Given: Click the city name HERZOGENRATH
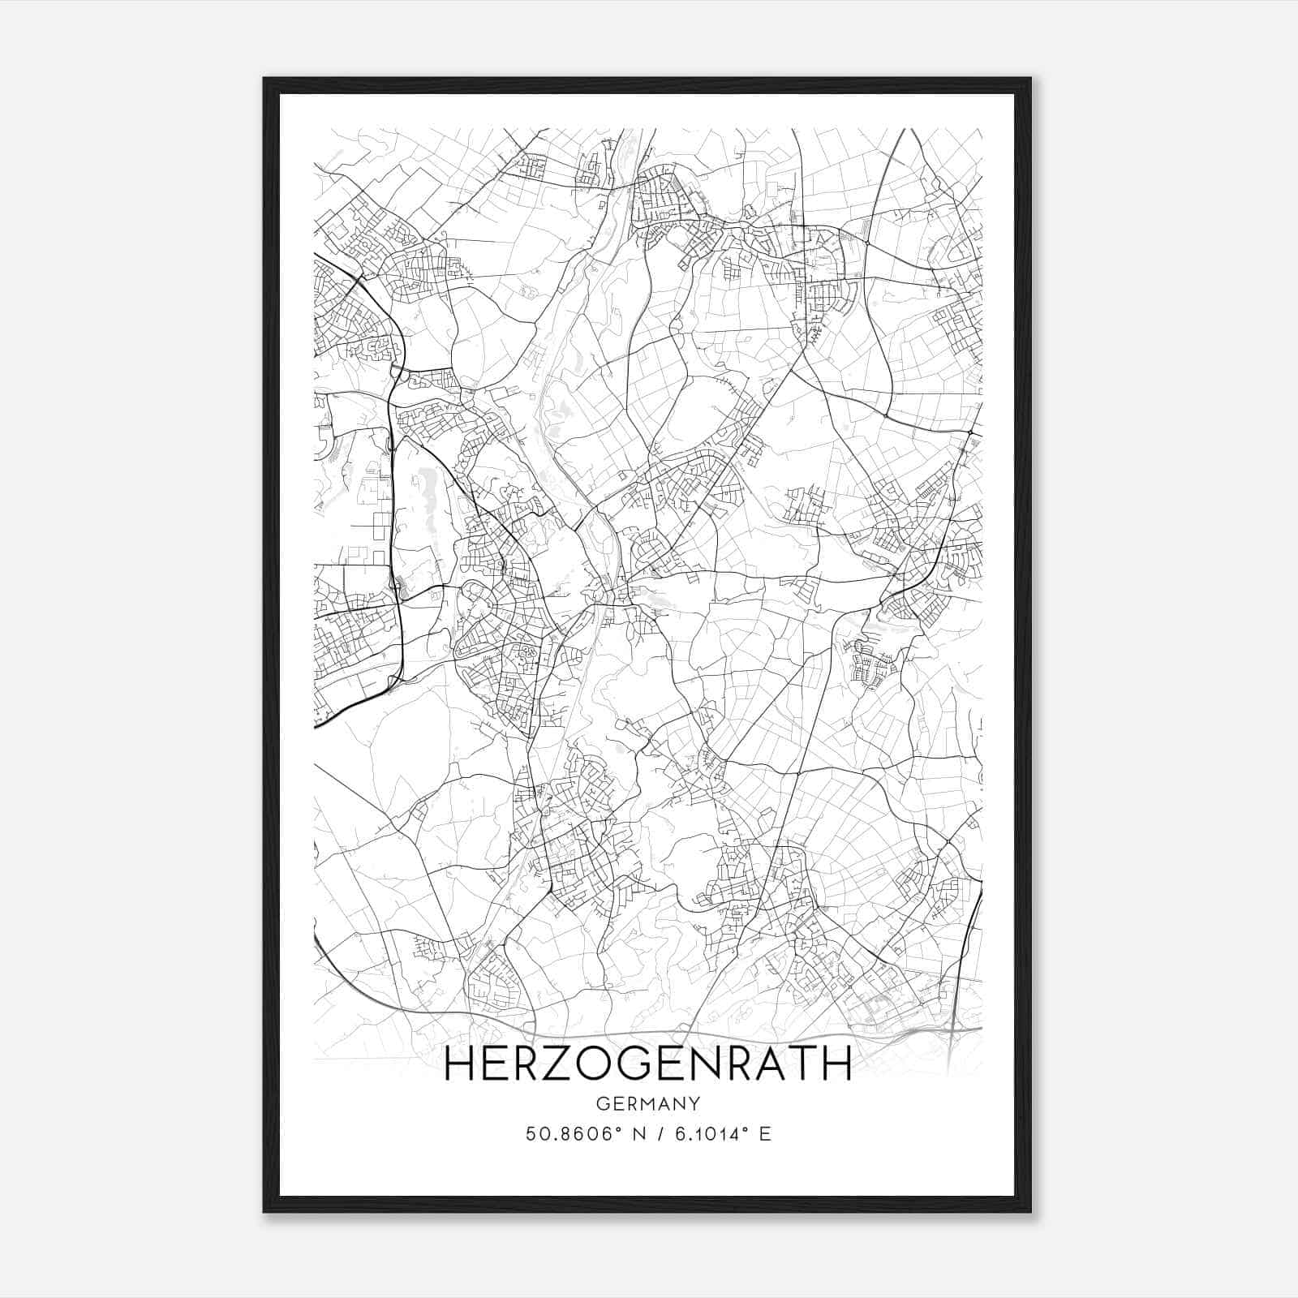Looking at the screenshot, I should [648, 1064].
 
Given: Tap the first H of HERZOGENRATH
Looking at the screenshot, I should [460, 1064].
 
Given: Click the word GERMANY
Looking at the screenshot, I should [648, 1103].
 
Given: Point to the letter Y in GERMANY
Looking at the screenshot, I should [694, 1103].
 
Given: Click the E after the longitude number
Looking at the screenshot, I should [765, 1134].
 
